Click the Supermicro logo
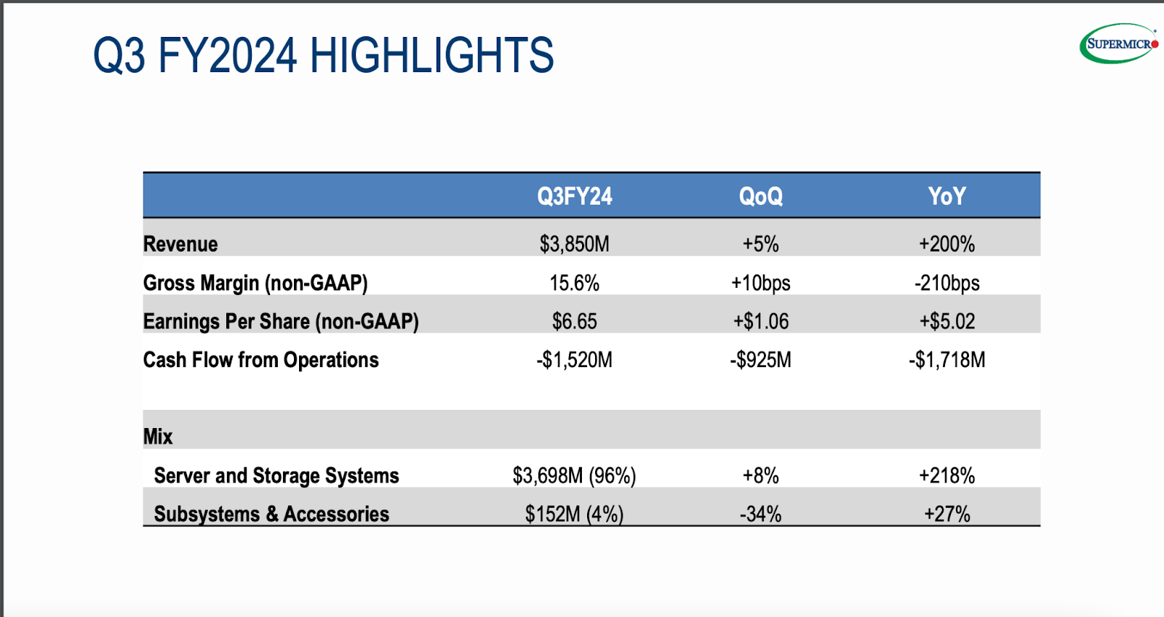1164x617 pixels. [1118, 44]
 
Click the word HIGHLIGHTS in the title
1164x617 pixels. [431, 56]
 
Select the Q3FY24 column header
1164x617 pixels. [574, 196]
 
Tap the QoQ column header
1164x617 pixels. [760, 196]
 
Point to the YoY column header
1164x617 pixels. [946, 196]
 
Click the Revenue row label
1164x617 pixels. [180, 244]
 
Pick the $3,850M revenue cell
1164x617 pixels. [574, 244]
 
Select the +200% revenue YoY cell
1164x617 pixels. [946, 244]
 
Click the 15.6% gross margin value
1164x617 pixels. [574, 283]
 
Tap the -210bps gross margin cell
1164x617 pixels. [946, 283]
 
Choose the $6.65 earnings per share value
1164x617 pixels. [574, 321]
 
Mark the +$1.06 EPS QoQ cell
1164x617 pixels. [760, 321]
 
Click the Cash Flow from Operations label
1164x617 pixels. [260, 360]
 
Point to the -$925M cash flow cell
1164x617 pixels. [760, 360]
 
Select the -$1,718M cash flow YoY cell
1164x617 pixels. [946, 360]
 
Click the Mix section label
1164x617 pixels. [158, 437]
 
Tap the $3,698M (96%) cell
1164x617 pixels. [574, 476]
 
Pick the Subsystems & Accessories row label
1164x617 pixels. [271, 515]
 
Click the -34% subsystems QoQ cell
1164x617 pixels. [760, 515]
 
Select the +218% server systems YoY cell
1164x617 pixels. [946, 476]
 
